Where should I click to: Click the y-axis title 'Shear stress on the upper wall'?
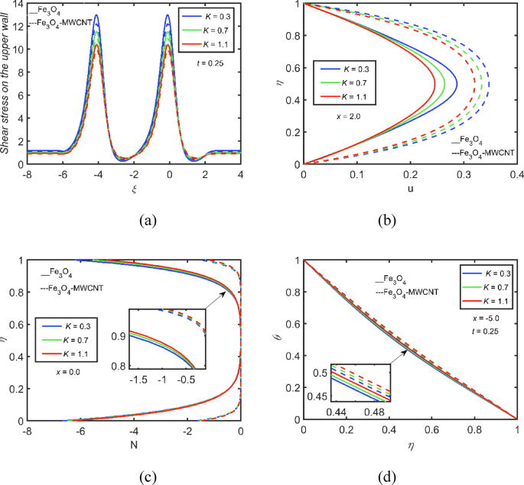tap(6, 82)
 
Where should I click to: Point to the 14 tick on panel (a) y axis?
tap(18, 4)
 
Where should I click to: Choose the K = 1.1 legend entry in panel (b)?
tap(347, 96)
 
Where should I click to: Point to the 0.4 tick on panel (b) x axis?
tap(517, 176)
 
